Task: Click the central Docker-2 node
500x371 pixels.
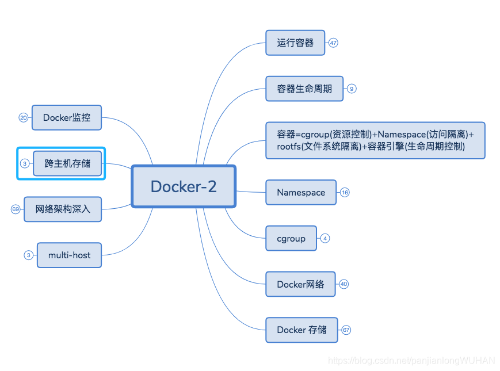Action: click(184, 186)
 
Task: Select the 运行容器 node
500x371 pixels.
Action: click(295, 43)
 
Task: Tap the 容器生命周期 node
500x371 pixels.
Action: click(304, 89)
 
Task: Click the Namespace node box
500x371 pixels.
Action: click(301, 192)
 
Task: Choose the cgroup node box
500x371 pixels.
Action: click(291, 238)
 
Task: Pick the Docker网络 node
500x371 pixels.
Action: click(300, 284)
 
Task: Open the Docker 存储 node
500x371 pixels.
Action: click(301, 330)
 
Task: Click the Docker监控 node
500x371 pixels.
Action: click(67, 117)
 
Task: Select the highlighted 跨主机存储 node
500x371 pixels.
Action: click(68, 163)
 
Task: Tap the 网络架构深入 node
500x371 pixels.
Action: click(63, 209)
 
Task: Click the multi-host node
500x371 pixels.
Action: click(69, 255)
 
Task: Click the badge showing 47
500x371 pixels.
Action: click(333, 43)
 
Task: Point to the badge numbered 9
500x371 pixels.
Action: click(352, 89)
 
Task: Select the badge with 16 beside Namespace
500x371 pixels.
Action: click(345, 192)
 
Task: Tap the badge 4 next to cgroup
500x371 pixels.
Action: click(325, 238)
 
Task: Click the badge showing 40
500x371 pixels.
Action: click(344, 284)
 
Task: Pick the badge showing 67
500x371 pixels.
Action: click(346, 330)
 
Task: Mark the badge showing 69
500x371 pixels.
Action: click(16, 209)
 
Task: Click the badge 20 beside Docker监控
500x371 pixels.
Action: click(24, 117)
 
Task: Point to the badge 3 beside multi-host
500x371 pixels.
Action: click(28, 255)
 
